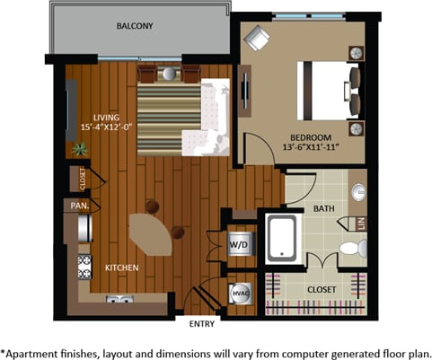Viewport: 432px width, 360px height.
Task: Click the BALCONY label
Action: [136, 27]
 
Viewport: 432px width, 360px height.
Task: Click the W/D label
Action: [239, 242]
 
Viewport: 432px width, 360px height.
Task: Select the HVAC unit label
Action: [240, 292]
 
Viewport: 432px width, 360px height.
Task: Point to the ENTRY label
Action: [203, 324]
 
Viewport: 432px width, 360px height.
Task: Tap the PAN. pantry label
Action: [77, 206]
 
